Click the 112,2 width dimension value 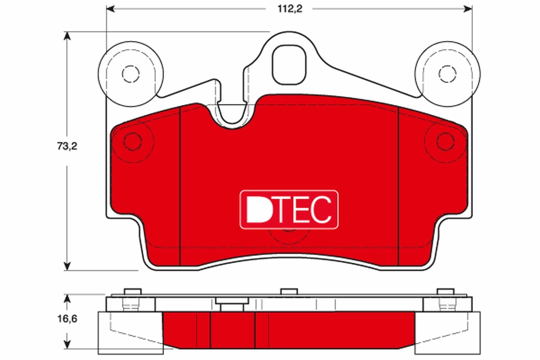290,9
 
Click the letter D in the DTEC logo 258,209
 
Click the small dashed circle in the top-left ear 130,74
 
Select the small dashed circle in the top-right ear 446,74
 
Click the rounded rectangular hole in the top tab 290,64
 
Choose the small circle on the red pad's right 445,142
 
